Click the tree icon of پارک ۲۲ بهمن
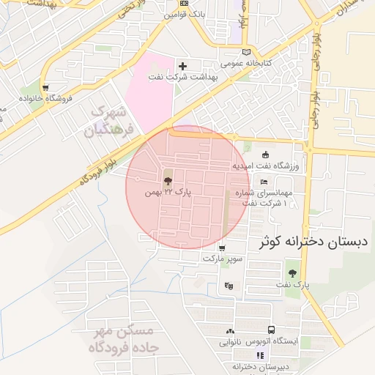point(168,180)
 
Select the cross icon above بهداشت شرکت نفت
point(183,67)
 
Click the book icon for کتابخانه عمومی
point(246,52)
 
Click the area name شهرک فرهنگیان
point(110,122)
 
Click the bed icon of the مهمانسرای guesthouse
point(264,182)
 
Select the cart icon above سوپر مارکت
point(222,248)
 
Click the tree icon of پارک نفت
point(293,273)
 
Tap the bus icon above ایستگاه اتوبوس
point(272,330)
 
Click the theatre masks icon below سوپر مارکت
point(230,286)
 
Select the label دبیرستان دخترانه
point(258,366)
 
